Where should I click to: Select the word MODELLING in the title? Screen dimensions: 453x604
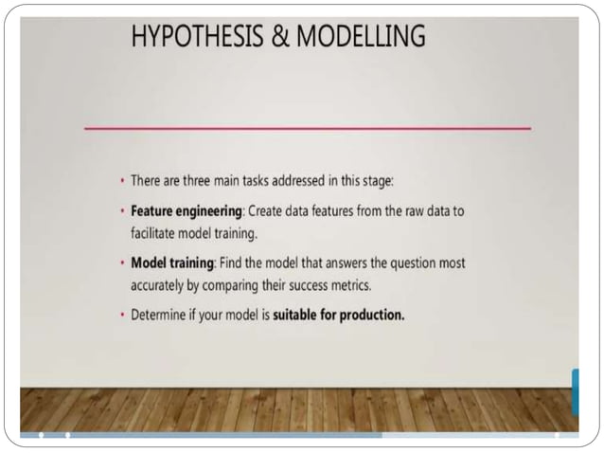click(361, 38)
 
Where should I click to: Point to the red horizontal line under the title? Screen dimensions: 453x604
click(308, 127)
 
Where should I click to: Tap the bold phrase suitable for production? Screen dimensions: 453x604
click(339, 316)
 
